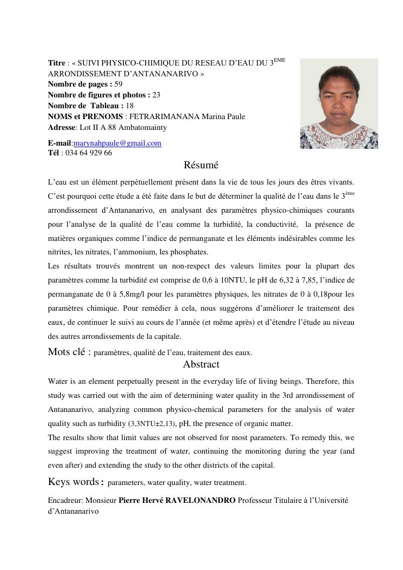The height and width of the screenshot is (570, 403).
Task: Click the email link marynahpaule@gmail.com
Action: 117,143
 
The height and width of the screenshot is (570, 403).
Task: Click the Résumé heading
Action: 201,165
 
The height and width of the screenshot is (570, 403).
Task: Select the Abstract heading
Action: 201,364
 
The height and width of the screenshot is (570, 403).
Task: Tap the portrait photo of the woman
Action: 339,103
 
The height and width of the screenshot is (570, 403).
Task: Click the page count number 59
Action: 118,84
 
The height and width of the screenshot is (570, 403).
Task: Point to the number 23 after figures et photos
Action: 156,95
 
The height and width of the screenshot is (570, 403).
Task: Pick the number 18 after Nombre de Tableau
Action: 129,106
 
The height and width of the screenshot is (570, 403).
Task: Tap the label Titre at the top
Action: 56,63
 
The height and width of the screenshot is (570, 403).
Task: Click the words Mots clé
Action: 69,352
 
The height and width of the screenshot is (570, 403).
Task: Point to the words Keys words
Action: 73,482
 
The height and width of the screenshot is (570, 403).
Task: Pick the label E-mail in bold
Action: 60,143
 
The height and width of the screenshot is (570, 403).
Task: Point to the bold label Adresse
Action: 62,127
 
